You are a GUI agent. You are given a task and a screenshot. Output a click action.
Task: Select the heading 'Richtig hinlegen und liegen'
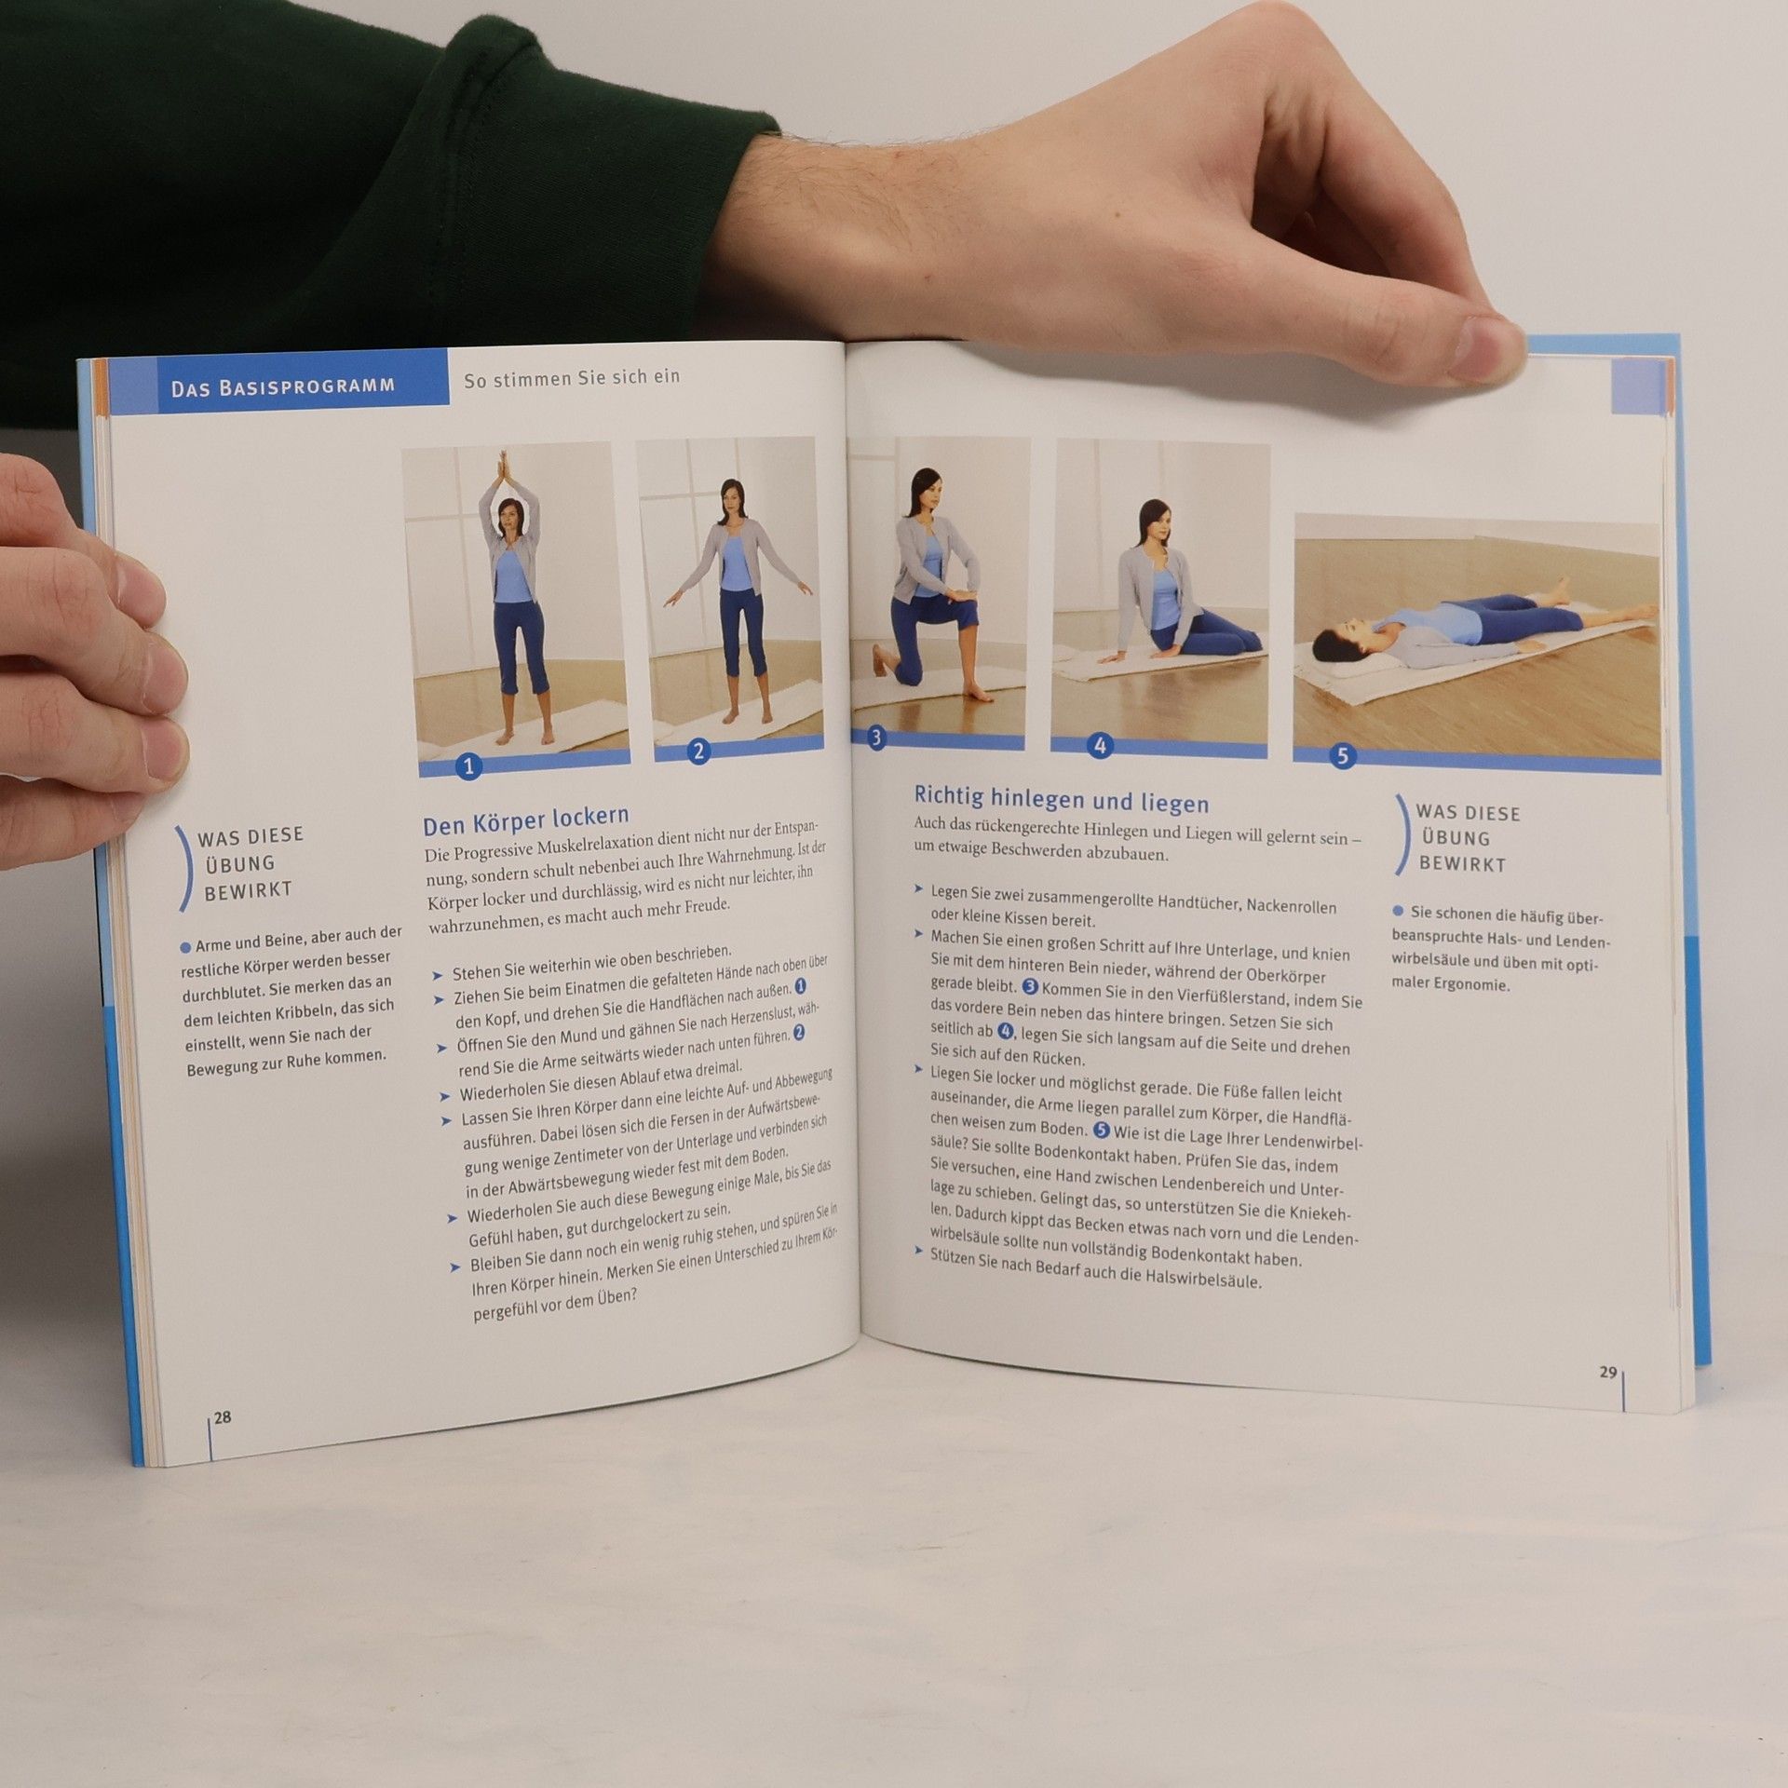pyautogui.click(x=1061, y=799)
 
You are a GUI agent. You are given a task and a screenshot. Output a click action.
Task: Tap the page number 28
pyautogui.click(x=223, y=1417)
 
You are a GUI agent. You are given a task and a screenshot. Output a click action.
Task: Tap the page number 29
pyautogui.click(x=1607, y=1372)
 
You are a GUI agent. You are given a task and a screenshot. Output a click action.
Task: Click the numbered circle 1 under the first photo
pyautogui.click(x=468, y=765)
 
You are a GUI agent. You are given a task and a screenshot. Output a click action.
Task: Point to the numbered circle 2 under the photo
pyautogui.click(x=698, y=751)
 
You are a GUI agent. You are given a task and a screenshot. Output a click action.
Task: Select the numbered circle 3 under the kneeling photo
pyautogui.click(x=875, y=738)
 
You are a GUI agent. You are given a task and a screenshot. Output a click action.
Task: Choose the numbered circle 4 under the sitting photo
pyautogui.click(x=1100, y=745)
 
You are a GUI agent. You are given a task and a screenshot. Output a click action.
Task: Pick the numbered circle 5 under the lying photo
pyautogui.click(x=1342, y=755)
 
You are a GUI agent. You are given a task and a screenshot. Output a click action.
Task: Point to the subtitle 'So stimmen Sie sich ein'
pyautogui.click(x=572, y=377)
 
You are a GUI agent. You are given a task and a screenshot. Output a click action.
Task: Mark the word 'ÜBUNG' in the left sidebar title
pyautogui.click(x=240, y=863)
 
